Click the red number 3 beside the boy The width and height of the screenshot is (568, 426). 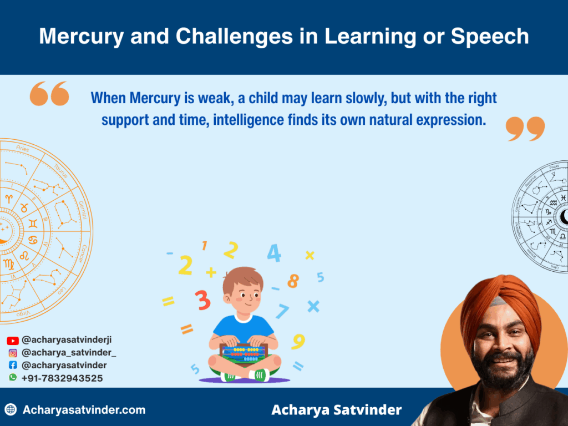203,300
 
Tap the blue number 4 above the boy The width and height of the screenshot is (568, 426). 274,253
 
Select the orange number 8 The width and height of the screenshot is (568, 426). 293,281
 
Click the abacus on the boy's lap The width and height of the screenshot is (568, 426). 244,353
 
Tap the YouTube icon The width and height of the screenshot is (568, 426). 12,341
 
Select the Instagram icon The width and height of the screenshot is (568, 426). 12,353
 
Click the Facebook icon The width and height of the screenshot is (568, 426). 12,366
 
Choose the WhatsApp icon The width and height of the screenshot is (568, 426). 12,378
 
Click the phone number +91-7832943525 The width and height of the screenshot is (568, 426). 62,378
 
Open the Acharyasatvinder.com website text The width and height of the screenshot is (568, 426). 84,410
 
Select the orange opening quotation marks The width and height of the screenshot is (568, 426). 49,94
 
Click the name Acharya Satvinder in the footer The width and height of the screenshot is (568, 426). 336,410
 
